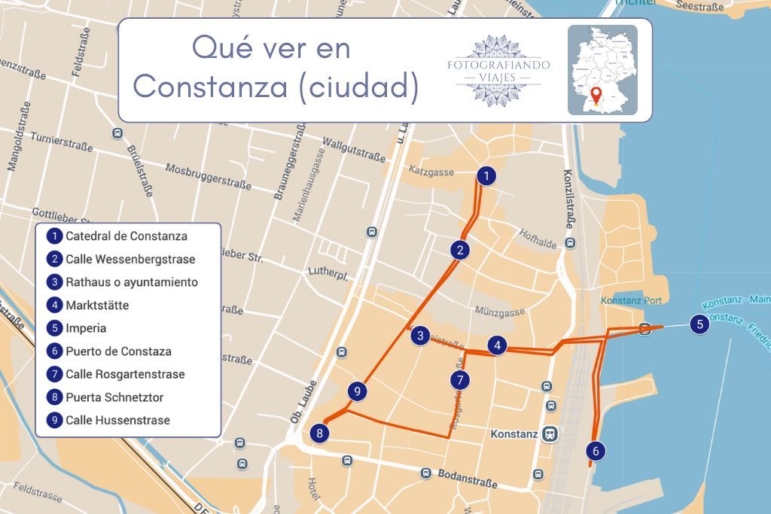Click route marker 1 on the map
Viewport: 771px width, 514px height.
tap(487, 176)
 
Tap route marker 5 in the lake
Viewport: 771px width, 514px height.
tap(700, 325)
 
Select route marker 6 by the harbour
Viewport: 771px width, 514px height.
tap(596, 451)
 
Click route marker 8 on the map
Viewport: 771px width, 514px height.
tap(320, 433)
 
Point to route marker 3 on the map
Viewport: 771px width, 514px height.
tap(420, 336)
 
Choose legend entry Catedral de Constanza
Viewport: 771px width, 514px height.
tap(126, 236)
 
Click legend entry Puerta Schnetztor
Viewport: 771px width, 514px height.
tap(114, 397)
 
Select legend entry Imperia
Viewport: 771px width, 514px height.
tap(85, 328)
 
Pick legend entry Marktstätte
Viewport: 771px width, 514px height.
tap(96, 305)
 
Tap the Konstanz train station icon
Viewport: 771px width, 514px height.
tap(551, 434)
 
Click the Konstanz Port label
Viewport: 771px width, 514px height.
tap(631, 301)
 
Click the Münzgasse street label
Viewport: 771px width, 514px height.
tap(500, 311)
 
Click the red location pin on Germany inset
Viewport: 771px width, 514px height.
tap(596, 96)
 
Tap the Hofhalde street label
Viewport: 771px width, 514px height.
tap(538, 239)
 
